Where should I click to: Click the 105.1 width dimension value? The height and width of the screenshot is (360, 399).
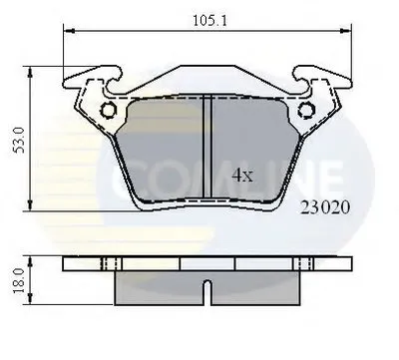(x=209, y=21)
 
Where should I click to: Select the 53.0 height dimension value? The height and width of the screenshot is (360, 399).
(x=20, y=140)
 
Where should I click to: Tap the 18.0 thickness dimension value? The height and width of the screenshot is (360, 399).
(x=20, y=280)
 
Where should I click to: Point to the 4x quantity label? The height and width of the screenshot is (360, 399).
(x=242, y=176)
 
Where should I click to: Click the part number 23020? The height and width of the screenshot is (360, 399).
(x=325, y=207)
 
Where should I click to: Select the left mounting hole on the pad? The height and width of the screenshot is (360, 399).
(x=109, y=110)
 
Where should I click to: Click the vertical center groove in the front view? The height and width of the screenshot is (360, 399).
(x=207, y=147)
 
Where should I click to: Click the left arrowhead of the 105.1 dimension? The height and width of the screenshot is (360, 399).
(x=69, y=31)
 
